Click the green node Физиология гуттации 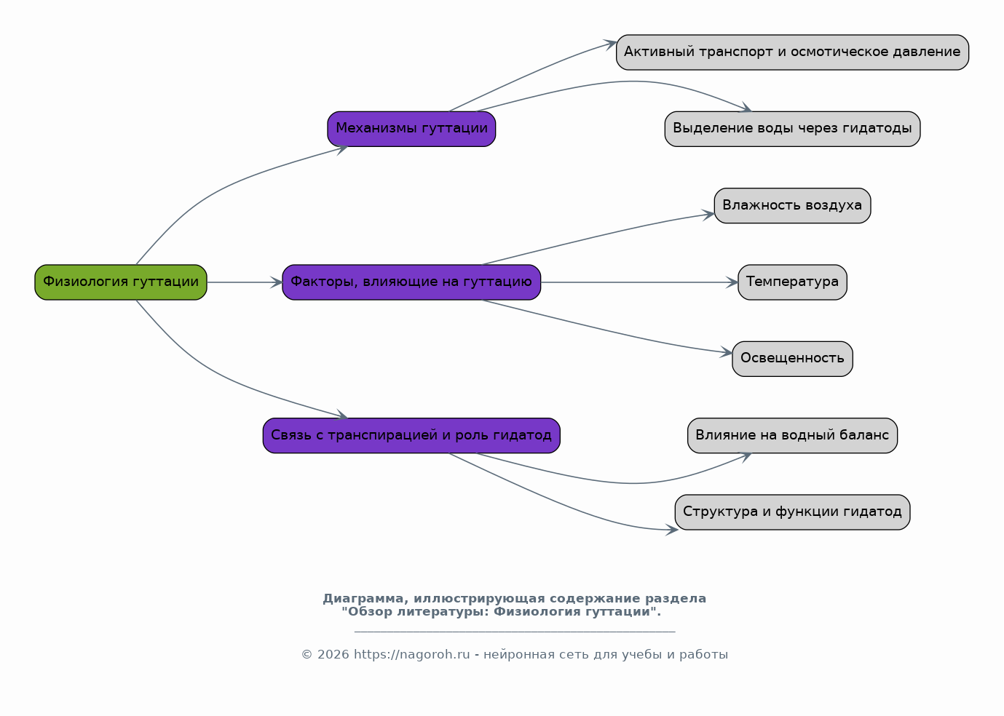point(121,282)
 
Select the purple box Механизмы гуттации point(411,129)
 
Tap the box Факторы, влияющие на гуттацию point(411,282)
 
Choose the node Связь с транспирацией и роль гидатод point(411,436)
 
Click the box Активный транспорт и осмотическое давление point(792,52)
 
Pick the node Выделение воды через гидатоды point(792,129)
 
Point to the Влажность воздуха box point(792,206)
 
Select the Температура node point(792,282)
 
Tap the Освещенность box point(792,359)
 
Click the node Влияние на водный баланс point(792,436)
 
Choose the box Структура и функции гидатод point(792,512)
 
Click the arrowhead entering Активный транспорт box point(610,44)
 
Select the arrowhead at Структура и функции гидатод point(672,530)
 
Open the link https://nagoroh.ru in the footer point(412,655)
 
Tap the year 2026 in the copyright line point(333,655)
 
